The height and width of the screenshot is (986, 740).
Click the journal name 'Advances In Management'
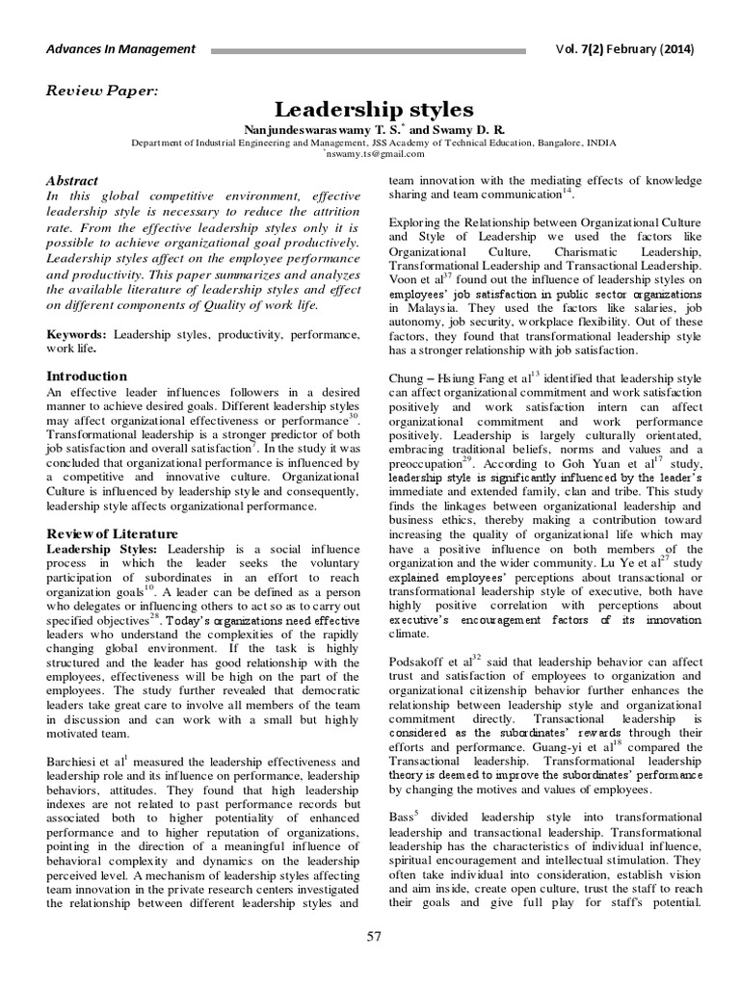pyautogui.click(x=120, y=49)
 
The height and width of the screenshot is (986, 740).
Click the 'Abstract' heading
pyautogui.click(x=73, y=180)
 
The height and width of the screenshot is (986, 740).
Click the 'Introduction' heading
pyautogui.click(x=88, y=376)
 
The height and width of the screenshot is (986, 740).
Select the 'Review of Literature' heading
pyautogui.click(x=113, y=532)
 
